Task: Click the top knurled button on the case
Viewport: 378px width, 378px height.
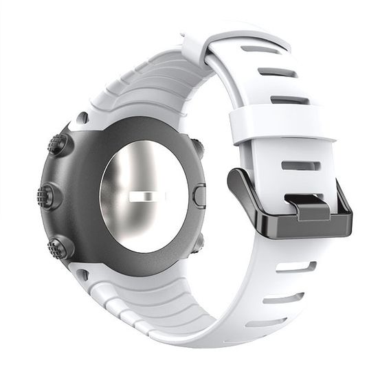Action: [x=58, y=145]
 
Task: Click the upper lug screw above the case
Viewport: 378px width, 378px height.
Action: [x=82, y=118]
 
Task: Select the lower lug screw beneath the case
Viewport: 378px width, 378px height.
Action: [x=82, y=275]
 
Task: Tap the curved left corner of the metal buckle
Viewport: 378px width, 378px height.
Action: [x=237, y=180]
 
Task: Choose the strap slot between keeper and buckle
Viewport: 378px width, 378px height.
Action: [x=300, y=166]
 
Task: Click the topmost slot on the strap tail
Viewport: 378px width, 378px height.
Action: [x=262, y=50]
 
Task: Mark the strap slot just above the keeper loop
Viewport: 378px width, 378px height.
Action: [x=289, y=100]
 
